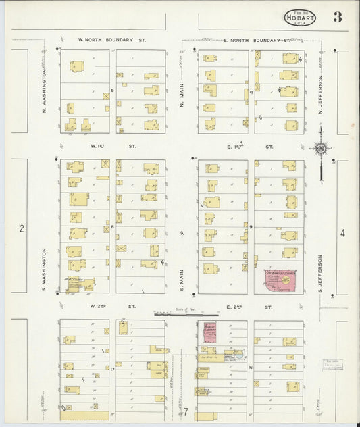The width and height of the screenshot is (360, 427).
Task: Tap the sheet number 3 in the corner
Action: (x=336, y=18)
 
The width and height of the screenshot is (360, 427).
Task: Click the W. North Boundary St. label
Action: (x=111, y=41)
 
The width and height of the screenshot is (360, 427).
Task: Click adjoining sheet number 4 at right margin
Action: (x=342, y=234)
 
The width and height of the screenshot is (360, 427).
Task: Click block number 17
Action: (x=112, y=369)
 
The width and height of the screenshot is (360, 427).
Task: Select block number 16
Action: (x=250, y=367)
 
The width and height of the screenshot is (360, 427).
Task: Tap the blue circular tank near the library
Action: (x=238, y=352)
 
